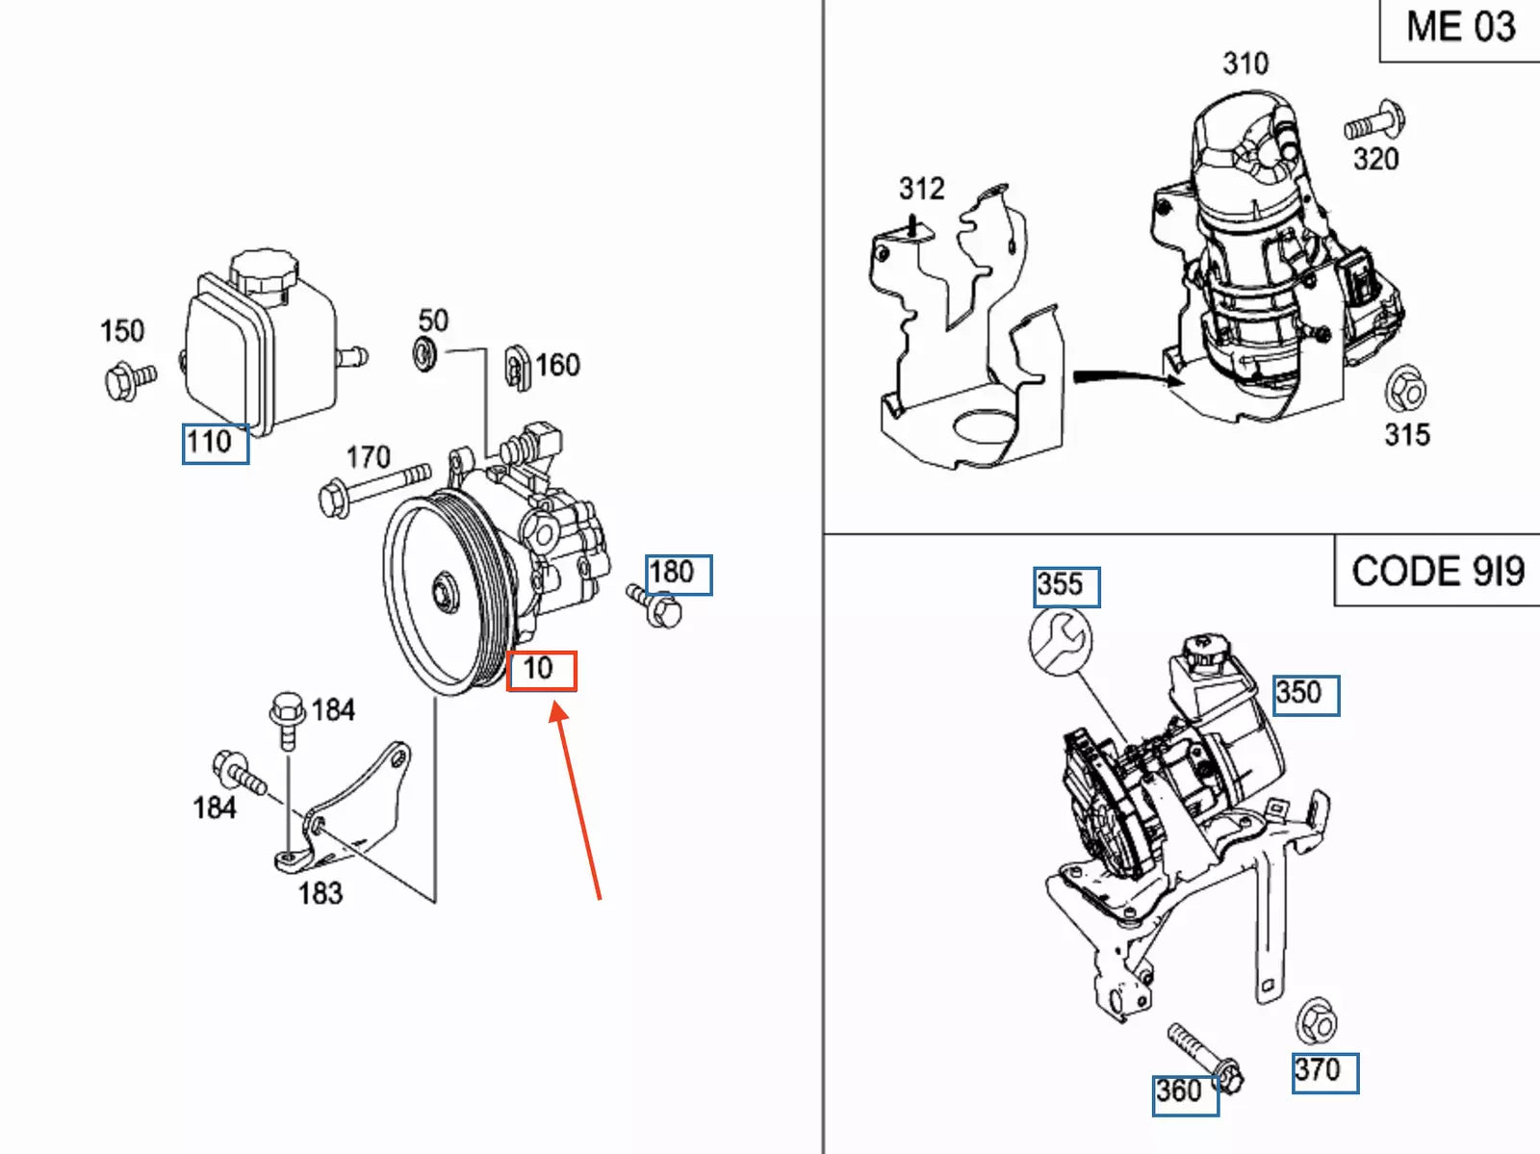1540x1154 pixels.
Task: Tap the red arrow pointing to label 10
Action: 577,799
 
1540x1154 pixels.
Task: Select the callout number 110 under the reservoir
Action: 215,444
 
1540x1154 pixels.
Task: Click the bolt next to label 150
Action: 128,380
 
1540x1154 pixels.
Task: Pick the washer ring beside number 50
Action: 424,354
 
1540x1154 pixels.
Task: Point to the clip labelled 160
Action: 518,367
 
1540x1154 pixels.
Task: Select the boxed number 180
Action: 678,574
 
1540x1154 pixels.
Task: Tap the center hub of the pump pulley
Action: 445,590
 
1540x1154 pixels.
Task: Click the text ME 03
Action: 1459,28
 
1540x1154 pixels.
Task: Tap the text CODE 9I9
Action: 1437,572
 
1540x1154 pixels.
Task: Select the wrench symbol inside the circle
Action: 1061,643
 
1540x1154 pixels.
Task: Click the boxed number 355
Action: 1065,585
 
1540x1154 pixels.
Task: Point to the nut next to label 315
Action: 1405,390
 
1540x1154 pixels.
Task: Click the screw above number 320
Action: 1374,122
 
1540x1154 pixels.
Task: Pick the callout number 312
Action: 921,189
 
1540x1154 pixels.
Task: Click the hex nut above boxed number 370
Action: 1315,1022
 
